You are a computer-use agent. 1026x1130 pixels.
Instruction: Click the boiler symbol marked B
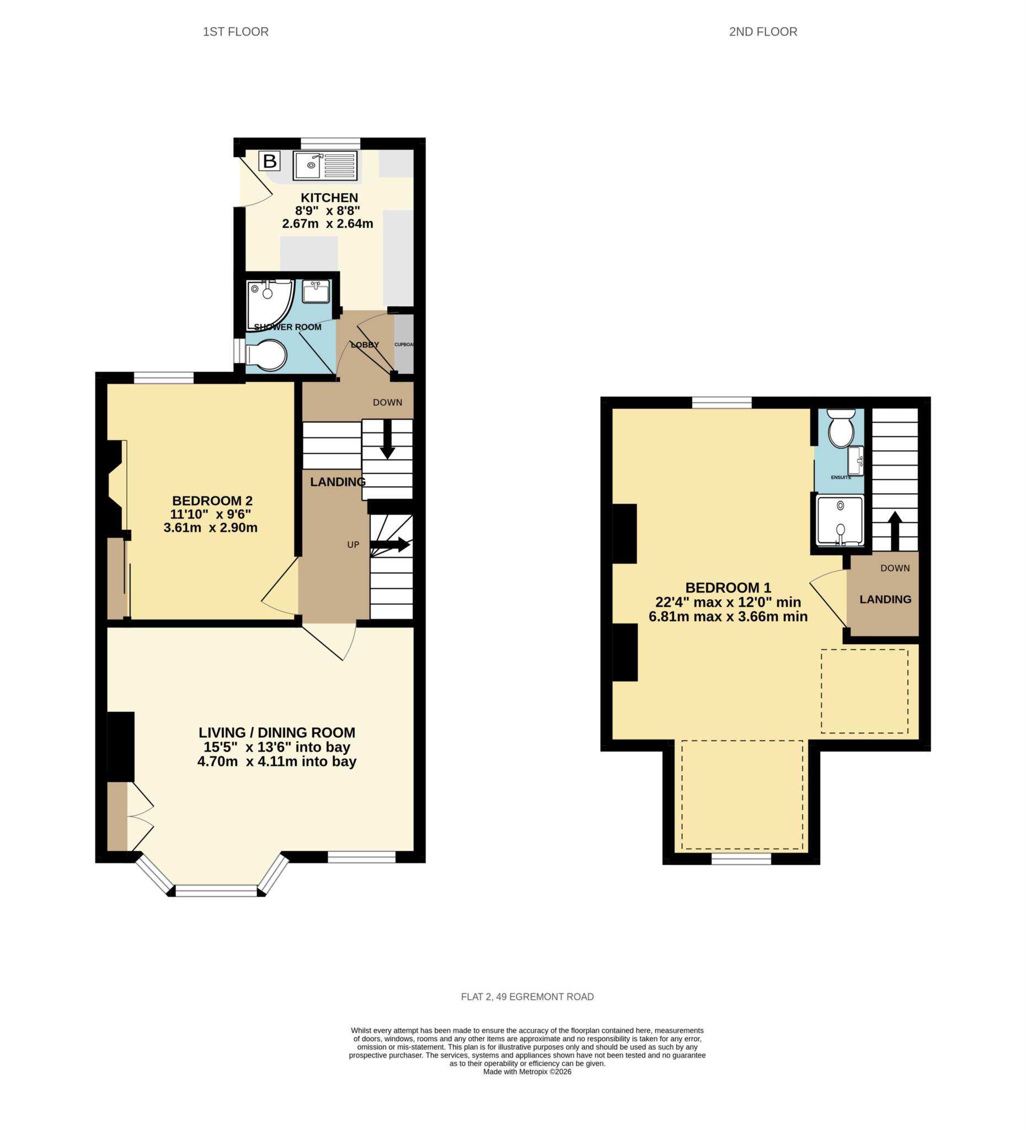270,162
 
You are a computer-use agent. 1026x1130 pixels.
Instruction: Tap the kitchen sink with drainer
325,166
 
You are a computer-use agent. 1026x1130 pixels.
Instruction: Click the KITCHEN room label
329,198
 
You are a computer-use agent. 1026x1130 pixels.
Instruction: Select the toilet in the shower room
268,354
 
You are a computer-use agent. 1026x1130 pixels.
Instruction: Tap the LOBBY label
365,345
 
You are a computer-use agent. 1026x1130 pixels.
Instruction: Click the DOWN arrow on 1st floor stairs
387,439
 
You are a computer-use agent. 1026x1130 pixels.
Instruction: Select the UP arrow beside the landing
390,544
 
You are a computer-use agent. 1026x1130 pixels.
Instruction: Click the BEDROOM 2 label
212,500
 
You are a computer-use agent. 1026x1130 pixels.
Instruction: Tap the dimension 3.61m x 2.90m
210,527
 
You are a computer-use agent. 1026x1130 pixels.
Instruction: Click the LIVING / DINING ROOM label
276,732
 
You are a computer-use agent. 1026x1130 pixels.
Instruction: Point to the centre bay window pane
216,891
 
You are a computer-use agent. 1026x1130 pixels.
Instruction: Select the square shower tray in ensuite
840,520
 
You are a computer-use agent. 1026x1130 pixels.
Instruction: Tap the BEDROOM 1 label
728,588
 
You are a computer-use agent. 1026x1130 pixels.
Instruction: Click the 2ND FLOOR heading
763,32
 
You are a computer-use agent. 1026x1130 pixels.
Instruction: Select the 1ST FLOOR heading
236,32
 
